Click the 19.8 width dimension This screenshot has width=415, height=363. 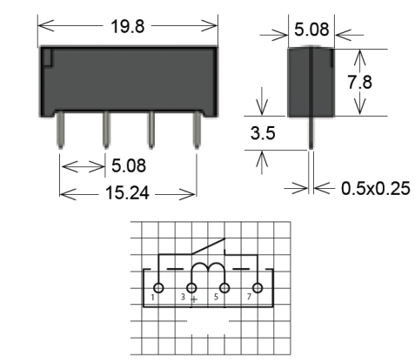(x=127, y=26)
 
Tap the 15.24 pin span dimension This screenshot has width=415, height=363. (x=127, y=193)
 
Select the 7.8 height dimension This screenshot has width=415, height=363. (x=359, y=82)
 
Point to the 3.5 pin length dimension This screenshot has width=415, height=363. (x=263, y=133)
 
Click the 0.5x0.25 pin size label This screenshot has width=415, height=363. (x=376, y=188)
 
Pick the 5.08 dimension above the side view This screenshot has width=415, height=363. (x=311, y=30)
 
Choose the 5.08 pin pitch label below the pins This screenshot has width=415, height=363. (x=129, y=165)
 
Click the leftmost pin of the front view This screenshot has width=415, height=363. (x=61, y=130)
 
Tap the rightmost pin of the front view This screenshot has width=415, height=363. (x=197, y=130)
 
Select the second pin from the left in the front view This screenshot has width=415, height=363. (x=106, y=130)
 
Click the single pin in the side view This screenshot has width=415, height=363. (x=311, y=133)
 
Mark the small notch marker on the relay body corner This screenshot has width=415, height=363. (x=48, y=57)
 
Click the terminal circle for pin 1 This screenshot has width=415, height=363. (x=158, y=288)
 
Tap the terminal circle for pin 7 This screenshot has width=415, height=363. (x=258, y=288)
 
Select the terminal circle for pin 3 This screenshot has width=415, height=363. (x=191, y=288)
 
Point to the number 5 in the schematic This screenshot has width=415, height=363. (x=216, y=297)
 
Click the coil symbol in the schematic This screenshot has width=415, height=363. (x=208, y=268)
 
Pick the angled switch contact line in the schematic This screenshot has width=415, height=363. (x=208, y=246)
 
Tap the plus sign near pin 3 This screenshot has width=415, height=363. (x=194, y=299)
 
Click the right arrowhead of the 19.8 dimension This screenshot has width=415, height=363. (x=210, y=25)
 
